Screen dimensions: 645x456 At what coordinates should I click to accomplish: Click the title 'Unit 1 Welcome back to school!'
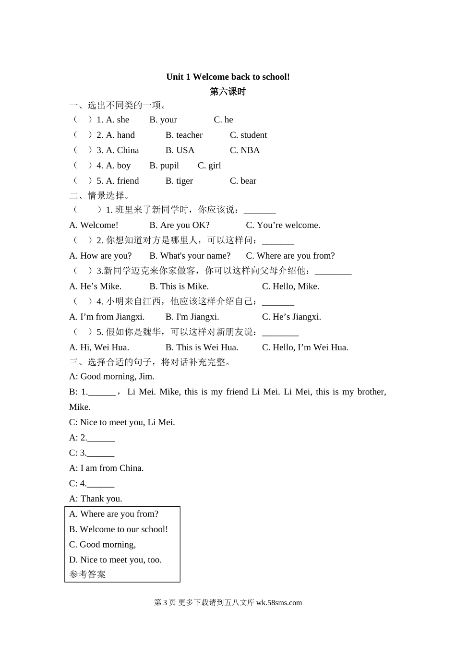(228, 77)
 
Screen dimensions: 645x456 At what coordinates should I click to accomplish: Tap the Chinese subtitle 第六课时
(228, 91)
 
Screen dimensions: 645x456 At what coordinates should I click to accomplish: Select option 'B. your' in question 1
(163, 119)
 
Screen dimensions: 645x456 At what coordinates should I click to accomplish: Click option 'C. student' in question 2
(248, 135)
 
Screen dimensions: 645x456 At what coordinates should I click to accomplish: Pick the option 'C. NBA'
(244, 150)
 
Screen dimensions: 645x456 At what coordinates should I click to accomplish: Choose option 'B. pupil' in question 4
(164, 166)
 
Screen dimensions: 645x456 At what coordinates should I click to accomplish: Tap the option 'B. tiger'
(179, 181)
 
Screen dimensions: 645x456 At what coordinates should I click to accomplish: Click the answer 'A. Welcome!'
(94, 225)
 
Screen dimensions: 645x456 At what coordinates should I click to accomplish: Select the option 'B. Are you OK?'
(180, 225)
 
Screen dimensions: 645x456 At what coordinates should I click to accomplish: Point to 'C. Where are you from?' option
(290, 256)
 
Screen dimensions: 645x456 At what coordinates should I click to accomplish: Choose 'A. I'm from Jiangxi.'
(107, 317)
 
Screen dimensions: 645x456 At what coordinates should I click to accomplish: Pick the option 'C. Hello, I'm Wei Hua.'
(305, 347)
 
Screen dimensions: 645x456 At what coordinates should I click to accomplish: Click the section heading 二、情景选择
(99, 195)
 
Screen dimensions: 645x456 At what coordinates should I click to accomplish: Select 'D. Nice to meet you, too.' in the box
(115, 560)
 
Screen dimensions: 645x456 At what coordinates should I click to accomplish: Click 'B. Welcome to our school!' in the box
(119, 529)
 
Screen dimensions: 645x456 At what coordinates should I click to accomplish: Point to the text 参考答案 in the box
(87, 574)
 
